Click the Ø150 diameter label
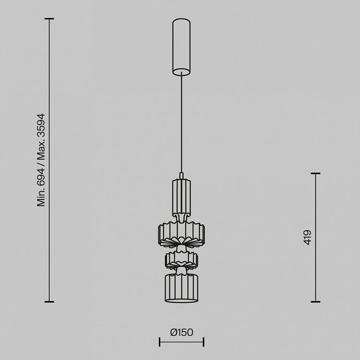coord(181,332)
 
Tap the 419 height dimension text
coord(308,237)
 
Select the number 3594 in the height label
coord(41,126)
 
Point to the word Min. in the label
coord(41,197)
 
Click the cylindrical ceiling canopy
coord(181,47)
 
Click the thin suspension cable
coord(181,122)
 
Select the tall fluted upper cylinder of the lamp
coord(181,197)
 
